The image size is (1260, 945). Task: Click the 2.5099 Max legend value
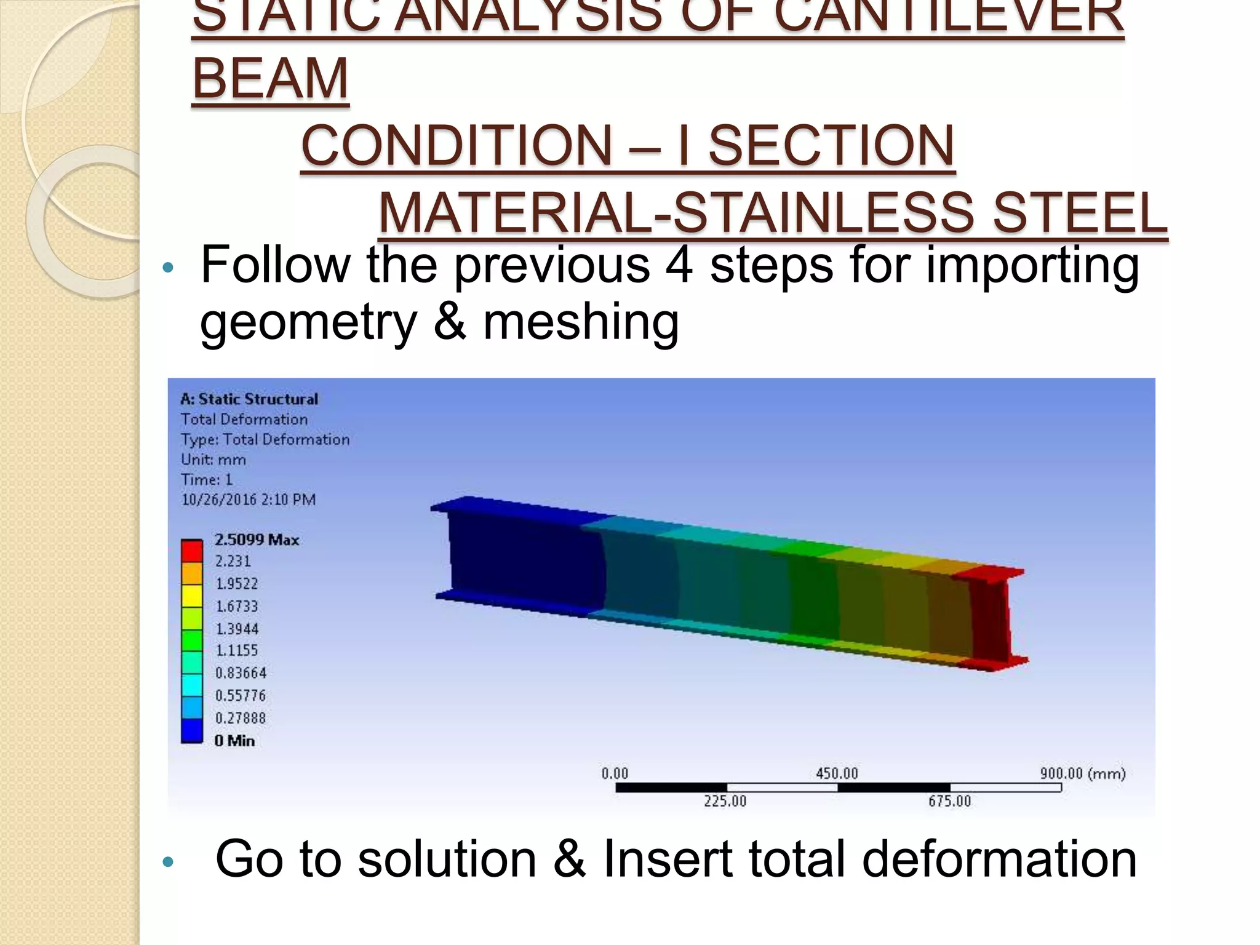pyautogui.click(x=257, y=540)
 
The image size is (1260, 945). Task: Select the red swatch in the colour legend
pyautogui.click(x=192, y=551)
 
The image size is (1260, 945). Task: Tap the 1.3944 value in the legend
pyautogui.click(x=237, y=628)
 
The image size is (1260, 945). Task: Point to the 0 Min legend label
pyautogui.click(x=234, y=741)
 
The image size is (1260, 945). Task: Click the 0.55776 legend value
pyautogui.click(x=241, y=695)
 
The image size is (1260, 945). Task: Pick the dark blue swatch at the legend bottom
pyautogui.click(x=192, y=730)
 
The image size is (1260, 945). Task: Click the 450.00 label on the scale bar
pyautogui.click(x=837, y=773)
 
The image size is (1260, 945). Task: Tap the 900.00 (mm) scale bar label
pyautogui.click(x=1082, y=773)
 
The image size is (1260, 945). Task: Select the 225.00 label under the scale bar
pyautogui.click(x=725, y=801)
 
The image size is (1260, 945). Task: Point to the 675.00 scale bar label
pyautogui.click(x=949, y=801)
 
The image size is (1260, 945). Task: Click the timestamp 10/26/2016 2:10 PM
pyautogui.click(x=249, y=500)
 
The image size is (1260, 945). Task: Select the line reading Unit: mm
pyautogui.click(x=213, y=460)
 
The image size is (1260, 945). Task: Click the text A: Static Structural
pyautogui.click(x=249, y=399)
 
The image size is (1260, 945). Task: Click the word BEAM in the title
pyautogui.click(x=271, y=78)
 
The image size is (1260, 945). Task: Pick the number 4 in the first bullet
pyautogui.click(x=679, y=265)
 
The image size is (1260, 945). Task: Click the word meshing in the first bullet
pyautogui.click(x=581, y=322)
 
